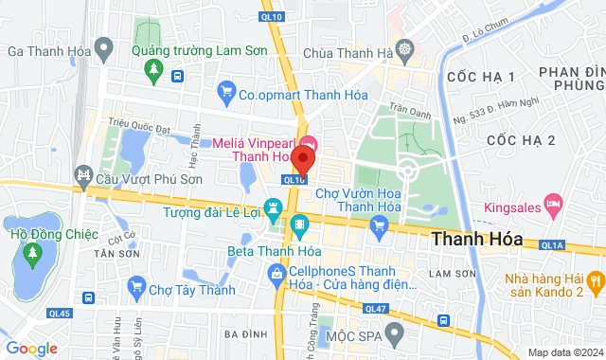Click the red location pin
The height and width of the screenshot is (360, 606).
click(x=303, y=156)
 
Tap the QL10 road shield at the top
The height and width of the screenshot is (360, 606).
click(x=274, y=16)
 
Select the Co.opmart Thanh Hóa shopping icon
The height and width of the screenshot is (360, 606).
click(x=225, y=92)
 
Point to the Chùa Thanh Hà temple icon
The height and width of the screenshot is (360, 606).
click(x=405, y=48)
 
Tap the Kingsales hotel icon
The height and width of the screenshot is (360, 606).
click(x=556, y=202)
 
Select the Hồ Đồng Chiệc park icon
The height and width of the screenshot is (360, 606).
click(x=32, y=253)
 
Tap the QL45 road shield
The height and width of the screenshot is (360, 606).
click(x=60, y=314)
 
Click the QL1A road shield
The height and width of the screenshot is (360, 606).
click(x=552, y=244)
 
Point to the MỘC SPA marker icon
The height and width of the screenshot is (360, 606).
click(x=397, y=333)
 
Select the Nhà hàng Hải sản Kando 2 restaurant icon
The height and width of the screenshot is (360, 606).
click(x=594, y=280)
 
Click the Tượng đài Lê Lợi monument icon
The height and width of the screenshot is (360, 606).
click(x=274, y=206)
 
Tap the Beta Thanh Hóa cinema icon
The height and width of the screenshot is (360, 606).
click(x=300, y=225)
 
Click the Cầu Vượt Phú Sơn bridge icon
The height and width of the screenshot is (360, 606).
click(x=83, y=176)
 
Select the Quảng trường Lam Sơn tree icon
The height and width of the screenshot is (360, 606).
click(x=153, y=69)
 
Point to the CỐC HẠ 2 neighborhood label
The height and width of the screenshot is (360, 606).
click(x=520, y=140)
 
